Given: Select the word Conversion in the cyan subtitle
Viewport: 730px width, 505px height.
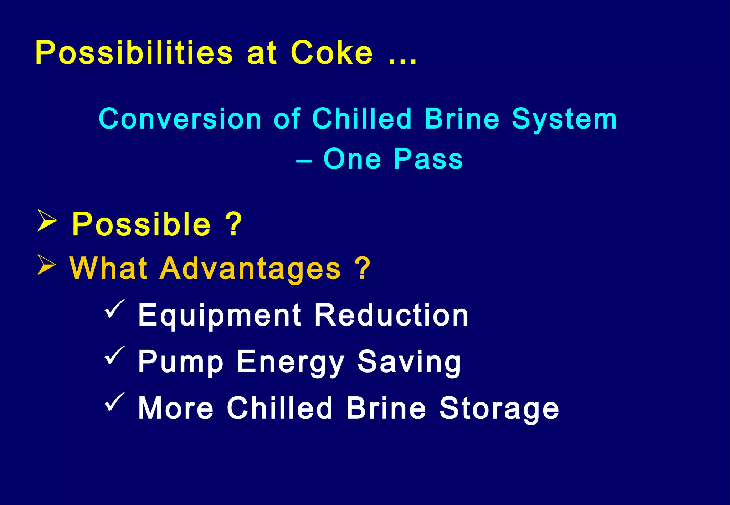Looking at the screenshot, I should [x=180, y=119].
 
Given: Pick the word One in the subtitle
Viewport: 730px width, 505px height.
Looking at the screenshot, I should [x=352, y=159].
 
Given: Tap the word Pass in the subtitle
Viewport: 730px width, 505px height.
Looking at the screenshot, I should [x=428, y=159].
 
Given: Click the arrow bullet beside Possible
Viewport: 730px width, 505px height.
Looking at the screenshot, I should [x=47, y=221].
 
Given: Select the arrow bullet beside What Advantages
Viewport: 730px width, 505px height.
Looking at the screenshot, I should [x=46, y=265].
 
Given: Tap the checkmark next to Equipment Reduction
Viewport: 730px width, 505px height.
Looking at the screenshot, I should [x=114, y=309].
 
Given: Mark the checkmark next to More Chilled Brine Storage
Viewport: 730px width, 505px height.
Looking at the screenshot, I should [x=114, y=402].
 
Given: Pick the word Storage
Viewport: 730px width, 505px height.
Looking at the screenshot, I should [x=499, y=409].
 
